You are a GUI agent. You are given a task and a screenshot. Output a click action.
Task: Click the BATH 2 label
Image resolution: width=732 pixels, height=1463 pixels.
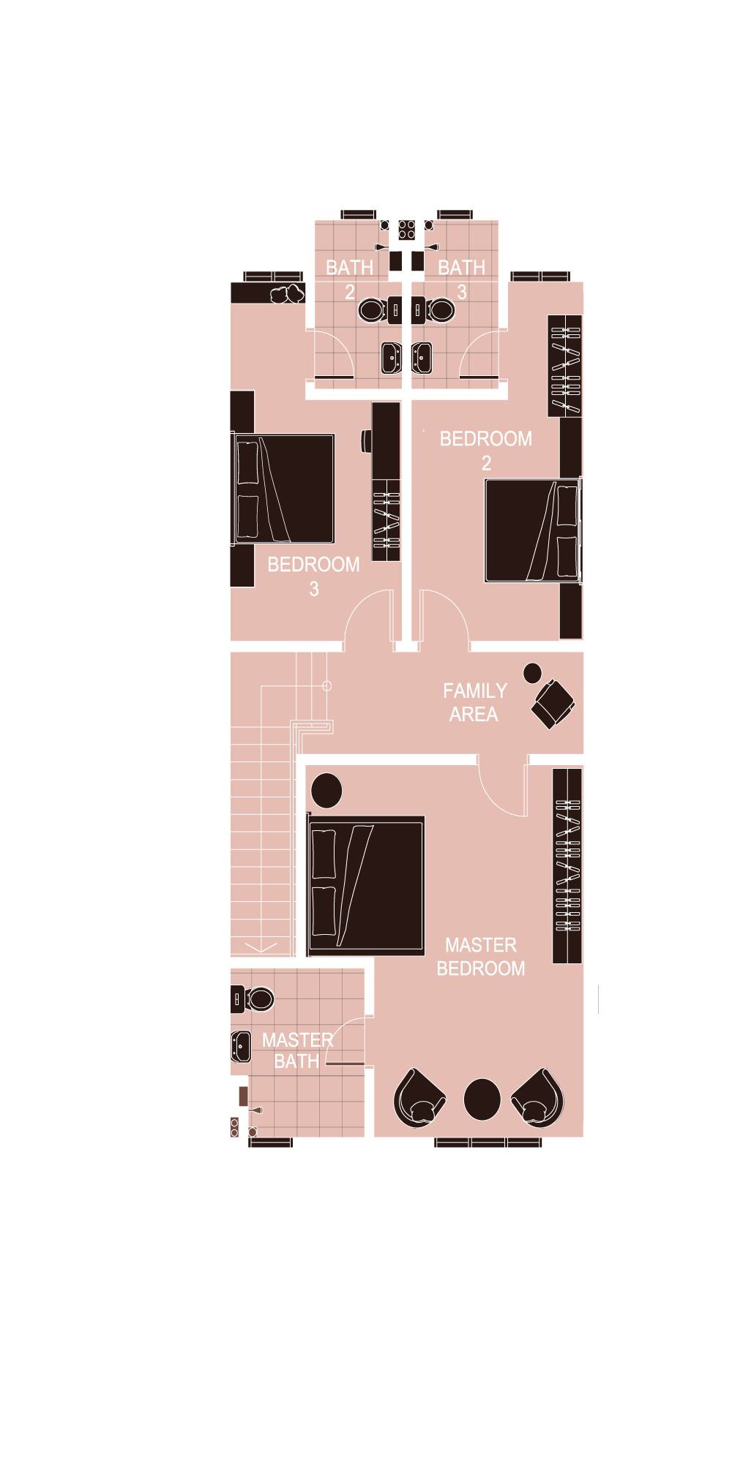(x=350, y=279)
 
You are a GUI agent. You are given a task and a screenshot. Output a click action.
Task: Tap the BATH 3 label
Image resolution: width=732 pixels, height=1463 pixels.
(x=462, y=279)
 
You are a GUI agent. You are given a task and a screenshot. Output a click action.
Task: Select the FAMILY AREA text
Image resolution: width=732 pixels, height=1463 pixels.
(x=475, y=702)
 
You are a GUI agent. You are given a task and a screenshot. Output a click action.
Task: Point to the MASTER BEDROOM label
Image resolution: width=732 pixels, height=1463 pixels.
(x=481, y=956)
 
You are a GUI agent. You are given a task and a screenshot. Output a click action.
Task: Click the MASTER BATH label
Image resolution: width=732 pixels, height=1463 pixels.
(x=297, y=1050)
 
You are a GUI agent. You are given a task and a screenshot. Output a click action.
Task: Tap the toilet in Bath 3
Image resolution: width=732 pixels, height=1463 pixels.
(x=433, y=309)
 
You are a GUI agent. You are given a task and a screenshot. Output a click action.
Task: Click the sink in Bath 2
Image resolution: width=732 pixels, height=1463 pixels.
(x=392, y=358)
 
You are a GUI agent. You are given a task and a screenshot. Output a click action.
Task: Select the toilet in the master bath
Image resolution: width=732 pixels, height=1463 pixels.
(x=253, y=998)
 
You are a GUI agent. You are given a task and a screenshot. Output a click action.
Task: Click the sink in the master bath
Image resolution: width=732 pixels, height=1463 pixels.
(x=241, y=1046)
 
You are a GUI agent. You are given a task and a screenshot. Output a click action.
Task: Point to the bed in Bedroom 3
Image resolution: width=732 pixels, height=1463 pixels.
(x=284, y=489)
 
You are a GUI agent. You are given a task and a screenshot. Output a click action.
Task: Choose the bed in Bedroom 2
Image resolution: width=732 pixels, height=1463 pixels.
(x=533, y=530)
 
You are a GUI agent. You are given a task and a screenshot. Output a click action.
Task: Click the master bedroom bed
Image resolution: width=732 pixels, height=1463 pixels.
(x=366, y=886)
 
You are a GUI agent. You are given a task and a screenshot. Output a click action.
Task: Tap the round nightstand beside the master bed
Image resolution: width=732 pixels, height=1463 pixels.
(x=326, y=791)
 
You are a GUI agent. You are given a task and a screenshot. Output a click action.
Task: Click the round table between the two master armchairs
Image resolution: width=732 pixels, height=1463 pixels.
(x=482, y=1099)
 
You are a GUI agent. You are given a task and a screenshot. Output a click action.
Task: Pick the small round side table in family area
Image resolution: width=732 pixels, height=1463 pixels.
(x=532, y=673)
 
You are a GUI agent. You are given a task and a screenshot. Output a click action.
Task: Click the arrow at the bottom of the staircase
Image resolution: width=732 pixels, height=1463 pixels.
(x=261, y=947)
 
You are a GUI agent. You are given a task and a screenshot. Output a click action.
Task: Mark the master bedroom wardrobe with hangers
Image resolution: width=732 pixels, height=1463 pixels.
(x=567, y=865)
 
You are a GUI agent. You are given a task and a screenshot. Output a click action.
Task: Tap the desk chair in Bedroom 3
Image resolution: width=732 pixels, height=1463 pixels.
(x=367, y=440)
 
